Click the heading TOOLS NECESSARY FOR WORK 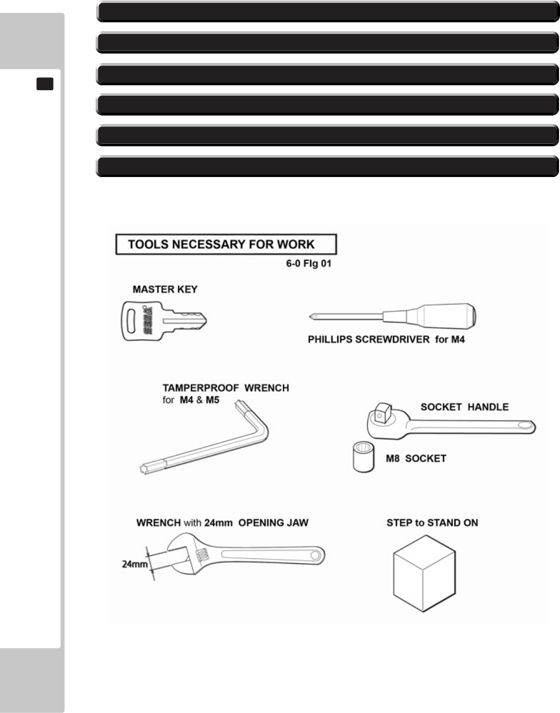tap(221, 244)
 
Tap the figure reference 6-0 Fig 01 tap(308, 264)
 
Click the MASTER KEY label tap(165, 290)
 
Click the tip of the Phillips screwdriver tap(311, 316)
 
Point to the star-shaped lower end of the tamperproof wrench tap(142, 467)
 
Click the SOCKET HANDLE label tap(464, 407)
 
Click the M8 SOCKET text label tap(416, 459)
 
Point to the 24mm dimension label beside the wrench tap(134, 564)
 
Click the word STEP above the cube tap(399, 523)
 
